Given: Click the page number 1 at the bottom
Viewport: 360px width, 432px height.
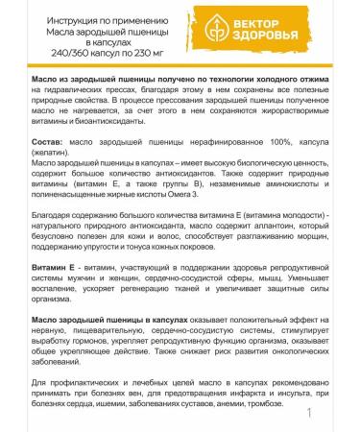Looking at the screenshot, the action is [310, 414].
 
